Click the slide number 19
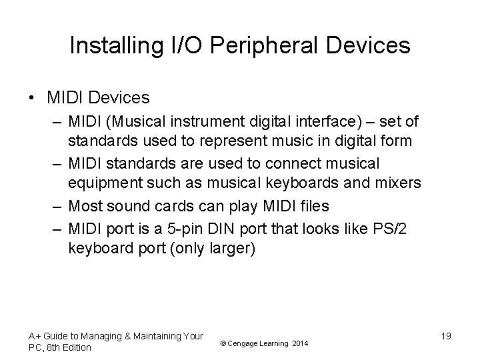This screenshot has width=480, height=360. click(445, 336)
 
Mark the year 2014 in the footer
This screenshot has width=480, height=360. click(300, 343)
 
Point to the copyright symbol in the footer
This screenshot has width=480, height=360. click(221, 343)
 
